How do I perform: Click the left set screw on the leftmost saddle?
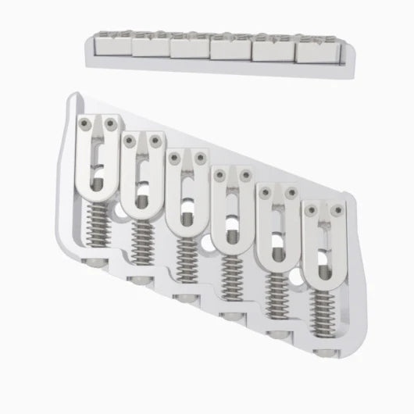tap(84, 122)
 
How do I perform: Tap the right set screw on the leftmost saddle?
tap(112, 123)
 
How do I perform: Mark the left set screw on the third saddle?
tap(172, 157)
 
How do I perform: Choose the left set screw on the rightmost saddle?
tap(310, 209)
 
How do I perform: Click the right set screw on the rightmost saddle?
tap(337, 209)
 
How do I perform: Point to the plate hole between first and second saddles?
tap(118, 211)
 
